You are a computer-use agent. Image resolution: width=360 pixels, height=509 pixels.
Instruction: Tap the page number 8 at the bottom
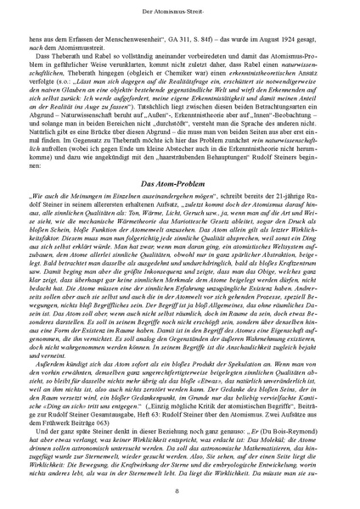[180, 489]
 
